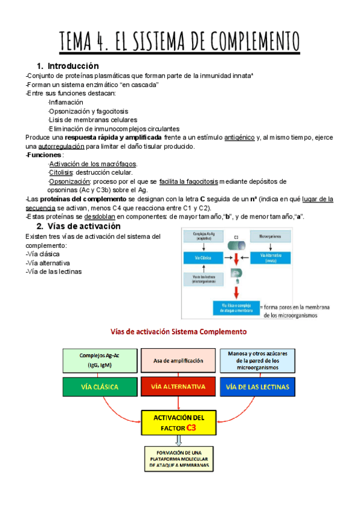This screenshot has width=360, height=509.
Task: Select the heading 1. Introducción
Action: click(x=67, y=65)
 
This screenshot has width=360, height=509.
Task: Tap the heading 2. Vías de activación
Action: click(x=78, y=226)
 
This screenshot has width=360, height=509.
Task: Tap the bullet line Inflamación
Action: click(x=66, y=102)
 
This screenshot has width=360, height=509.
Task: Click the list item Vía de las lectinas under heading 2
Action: click(x=55, y=271)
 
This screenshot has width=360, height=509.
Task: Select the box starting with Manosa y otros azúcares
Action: click(x=258, y=360)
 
